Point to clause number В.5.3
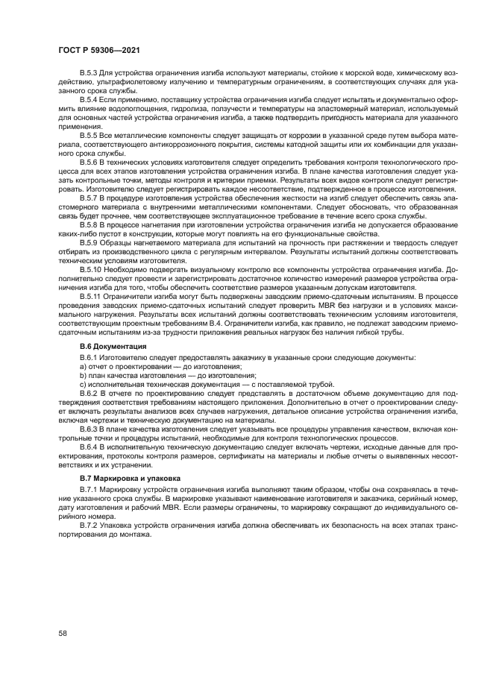(x=91, y=73)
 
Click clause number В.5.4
(x=91, y=98)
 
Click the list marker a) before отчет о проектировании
(x=83, y=368)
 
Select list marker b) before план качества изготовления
(x=83, y=376)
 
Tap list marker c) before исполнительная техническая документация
(x=83, y=385)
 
